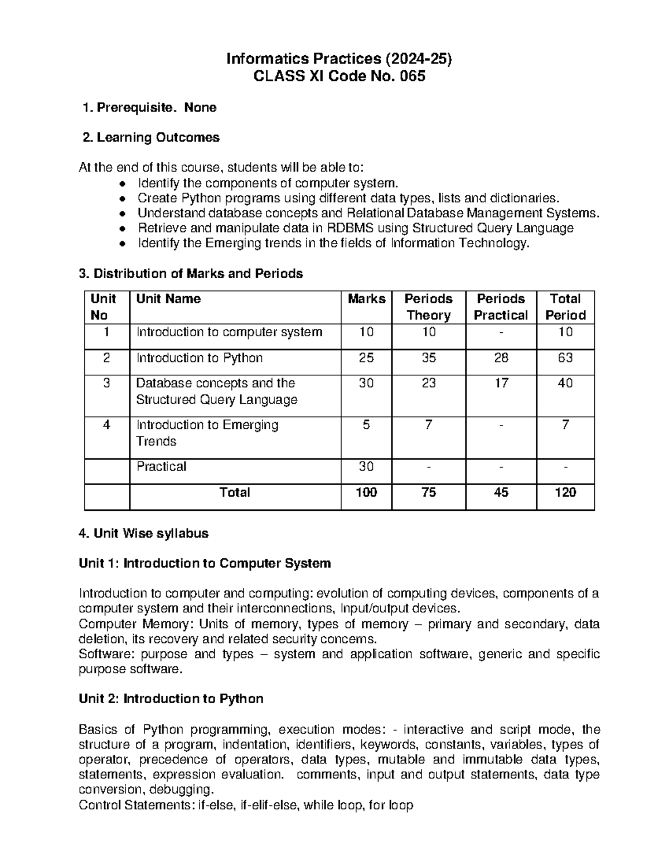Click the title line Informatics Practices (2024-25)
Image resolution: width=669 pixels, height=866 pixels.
click(338, 59)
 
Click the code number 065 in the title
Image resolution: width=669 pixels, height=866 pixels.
click(412, 76)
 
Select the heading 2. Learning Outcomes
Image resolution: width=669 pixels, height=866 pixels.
click(151, 137)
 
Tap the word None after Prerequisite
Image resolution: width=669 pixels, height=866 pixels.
click(200, 107)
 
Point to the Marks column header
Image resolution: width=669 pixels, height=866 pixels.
click(366, 299)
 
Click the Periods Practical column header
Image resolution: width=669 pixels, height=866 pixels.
click(501, 307)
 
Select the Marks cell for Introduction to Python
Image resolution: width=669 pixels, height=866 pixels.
click(366, 358)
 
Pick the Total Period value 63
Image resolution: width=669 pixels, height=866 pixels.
click(565, 358)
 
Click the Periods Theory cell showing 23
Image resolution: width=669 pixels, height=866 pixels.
click(428, 383)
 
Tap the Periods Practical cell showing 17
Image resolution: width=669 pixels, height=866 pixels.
click(501, 383)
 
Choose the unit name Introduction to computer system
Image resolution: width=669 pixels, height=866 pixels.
click(229, 332)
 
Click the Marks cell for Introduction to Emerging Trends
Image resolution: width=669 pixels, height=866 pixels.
click(366, 425)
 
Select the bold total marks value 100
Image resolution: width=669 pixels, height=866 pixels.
click(366, 492)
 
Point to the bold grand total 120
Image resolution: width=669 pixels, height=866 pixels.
click(565, 492)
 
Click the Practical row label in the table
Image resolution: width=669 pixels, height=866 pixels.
click(161, 467)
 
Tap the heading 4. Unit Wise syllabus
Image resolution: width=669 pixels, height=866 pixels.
click(144, 534)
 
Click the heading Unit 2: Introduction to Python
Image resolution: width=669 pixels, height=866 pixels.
click(171, 699)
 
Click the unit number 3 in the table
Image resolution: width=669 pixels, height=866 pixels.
click(106, 383)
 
